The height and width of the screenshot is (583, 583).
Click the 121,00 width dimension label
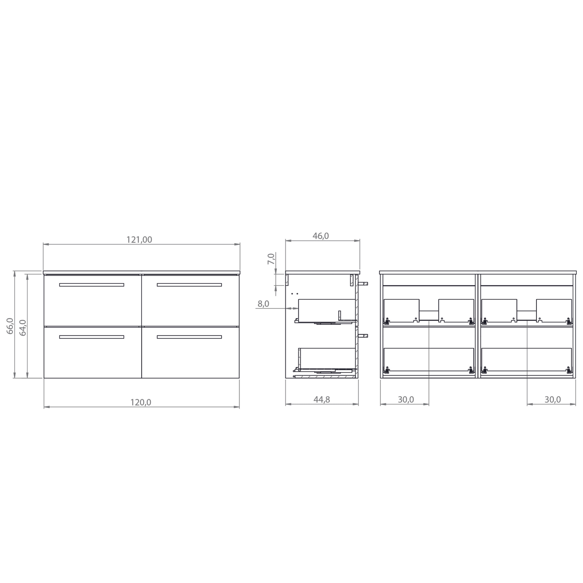[x=139, y=240]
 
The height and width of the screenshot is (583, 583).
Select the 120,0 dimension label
[x=141, y=403]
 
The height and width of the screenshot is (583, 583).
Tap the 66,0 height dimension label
[x=10, y=326]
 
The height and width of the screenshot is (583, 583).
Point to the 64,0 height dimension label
[x=23, y=328]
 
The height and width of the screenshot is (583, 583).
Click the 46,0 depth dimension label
[x=321, y=236]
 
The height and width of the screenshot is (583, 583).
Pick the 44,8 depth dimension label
[x=322, y=399]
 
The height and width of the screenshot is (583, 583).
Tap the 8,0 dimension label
[x=263, y=304]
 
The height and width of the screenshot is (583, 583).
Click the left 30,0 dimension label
[x=406, y=399]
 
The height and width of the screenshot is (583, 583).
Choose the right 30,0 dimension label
[x=553, y=399]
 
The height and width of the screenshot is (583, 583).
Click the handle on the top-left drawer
[x=91, y=285]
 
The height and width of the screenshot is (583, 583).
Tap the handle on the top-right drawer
[x=189, y=285]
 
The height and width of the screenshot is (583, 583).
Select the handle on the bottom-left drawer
[x=91, y=337]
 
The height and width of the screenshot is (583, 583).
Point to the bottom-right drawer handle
[x=189, y=337]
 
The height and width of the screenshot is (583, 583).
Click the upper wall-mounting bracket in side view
[x=363, y=284]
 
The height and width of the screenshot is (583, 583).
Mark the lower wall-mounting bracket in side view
[x=363, y=336]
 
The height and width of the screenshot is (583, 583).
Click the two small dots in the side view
[x=295, y=293]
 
